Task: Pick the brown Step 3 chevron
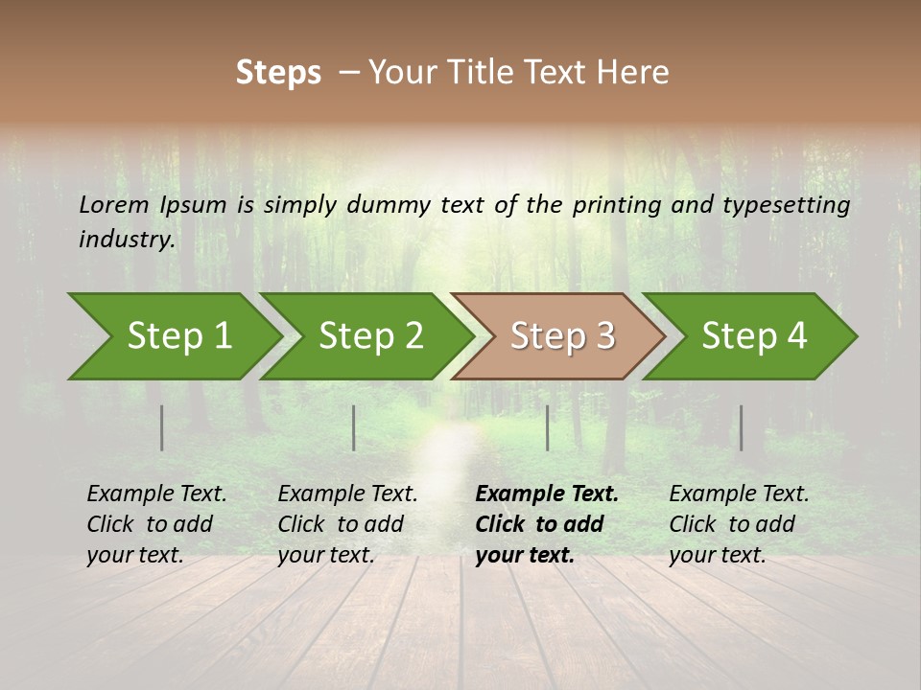click(x=562, y=336)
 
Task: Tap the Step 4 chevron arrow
click(x=754, y=336)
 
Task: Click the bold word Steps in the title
click(x=278, y=73)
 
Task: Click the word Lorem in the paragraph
click(x=114, y=204)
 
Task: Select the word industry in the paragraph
click(x=126, y=239)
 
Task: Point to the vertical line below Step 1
click(x=162, y=427)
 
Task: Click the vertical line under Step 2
click(x=354, y=427)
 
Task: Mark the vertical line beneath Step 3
click(x=548, y=427)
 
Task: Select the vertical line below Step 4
click(x=741, y=427)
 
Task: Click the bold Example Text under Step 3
click(x=547, y=494)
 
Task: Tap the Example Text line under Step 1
click(x=156, y=494)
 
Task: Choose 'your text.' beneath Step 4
click(x=717, y=555)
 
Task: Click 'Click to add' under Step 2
click(x=341, y=524)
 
